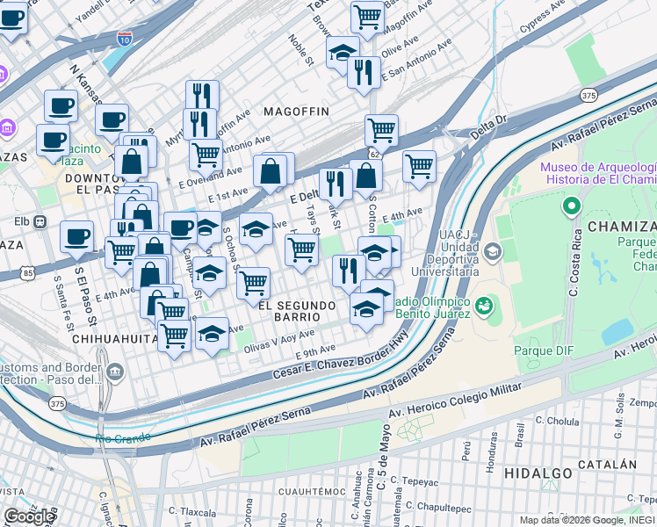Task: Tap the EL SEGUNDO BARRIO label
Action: click(298, 311)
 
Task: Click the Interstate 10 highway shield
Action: click(124, 39)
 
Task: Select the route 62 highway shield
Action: click(375, 155)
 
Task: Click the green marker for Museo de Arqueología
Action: click(572, 206)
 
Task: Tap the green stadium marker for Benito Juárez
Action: click(483, 307)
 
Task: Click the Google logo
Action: click(29, 516)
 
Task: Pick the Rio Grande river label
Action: click(123, 437)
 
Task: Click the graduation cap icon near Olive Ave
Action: click(343, 52)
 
